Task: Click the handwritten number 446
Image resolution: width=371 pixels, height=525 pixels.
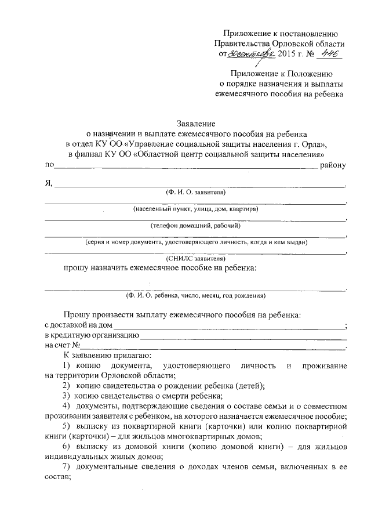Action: coord(329,54)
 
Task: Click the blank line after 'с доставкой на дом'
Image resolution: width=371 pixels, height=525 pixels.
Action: coord(229,327)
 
